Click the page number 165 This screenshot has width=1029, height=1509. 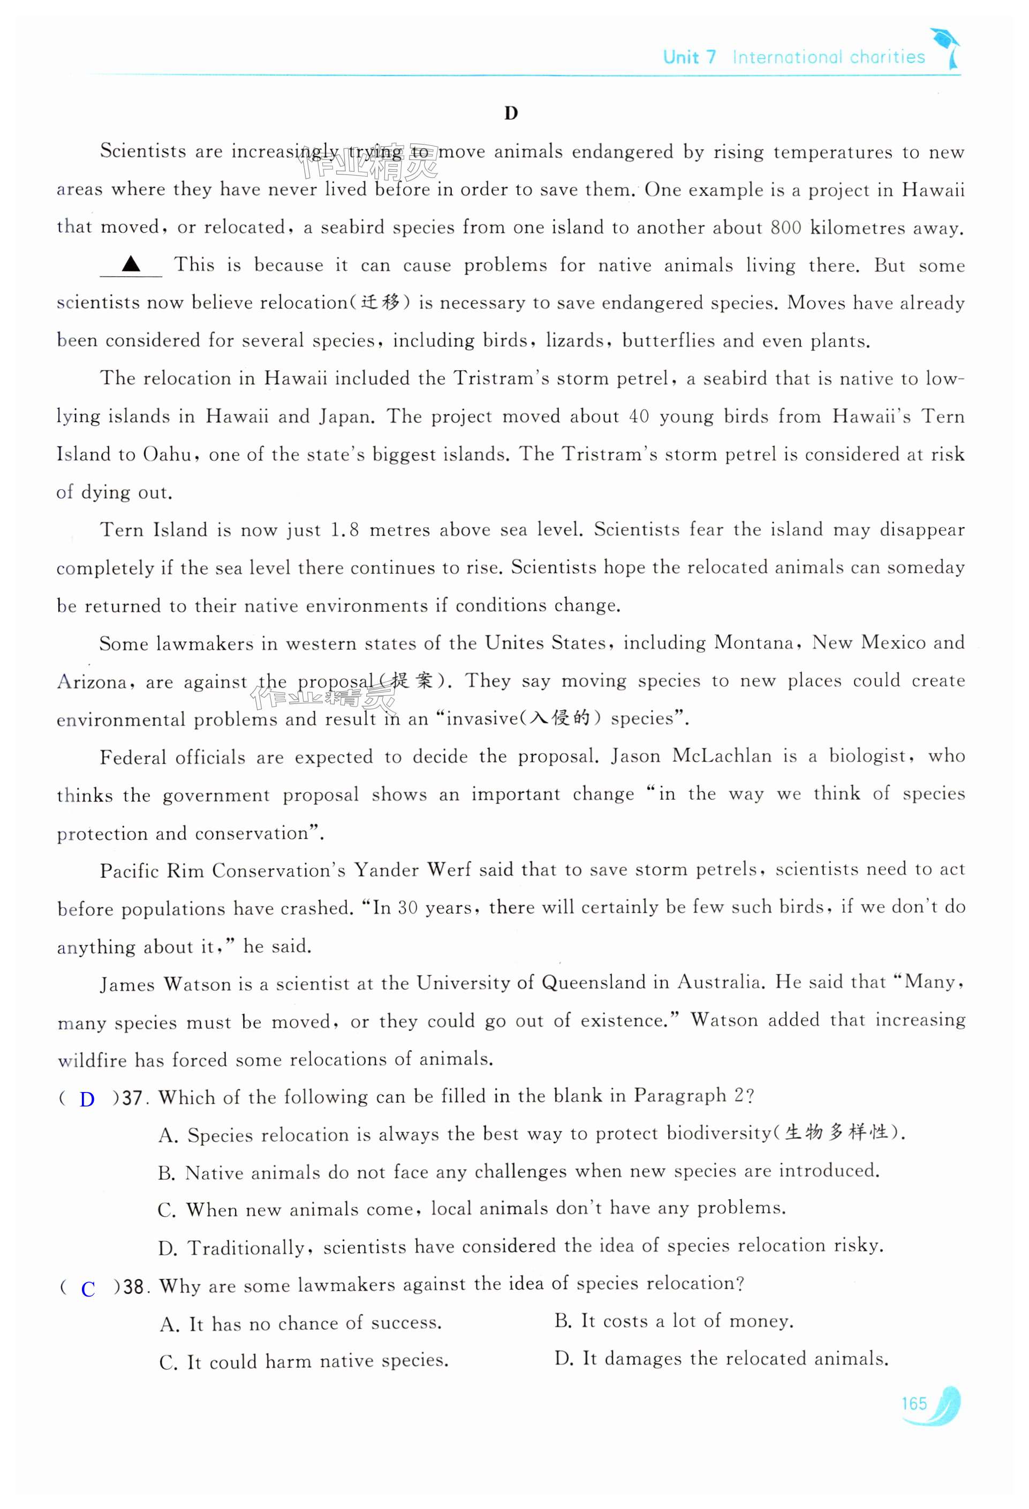913,1403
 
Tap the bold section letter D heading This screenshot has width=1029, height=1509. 511,113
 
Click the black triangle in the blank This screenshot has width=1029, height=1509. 131,263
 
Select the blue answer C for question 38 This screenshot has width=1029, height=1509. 88,1289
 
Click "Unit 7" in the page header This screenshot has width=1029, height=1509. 689,58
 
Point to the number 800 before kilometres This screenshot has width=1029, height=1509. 785,228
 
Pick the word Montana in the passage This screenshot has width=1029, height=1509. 754,643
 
